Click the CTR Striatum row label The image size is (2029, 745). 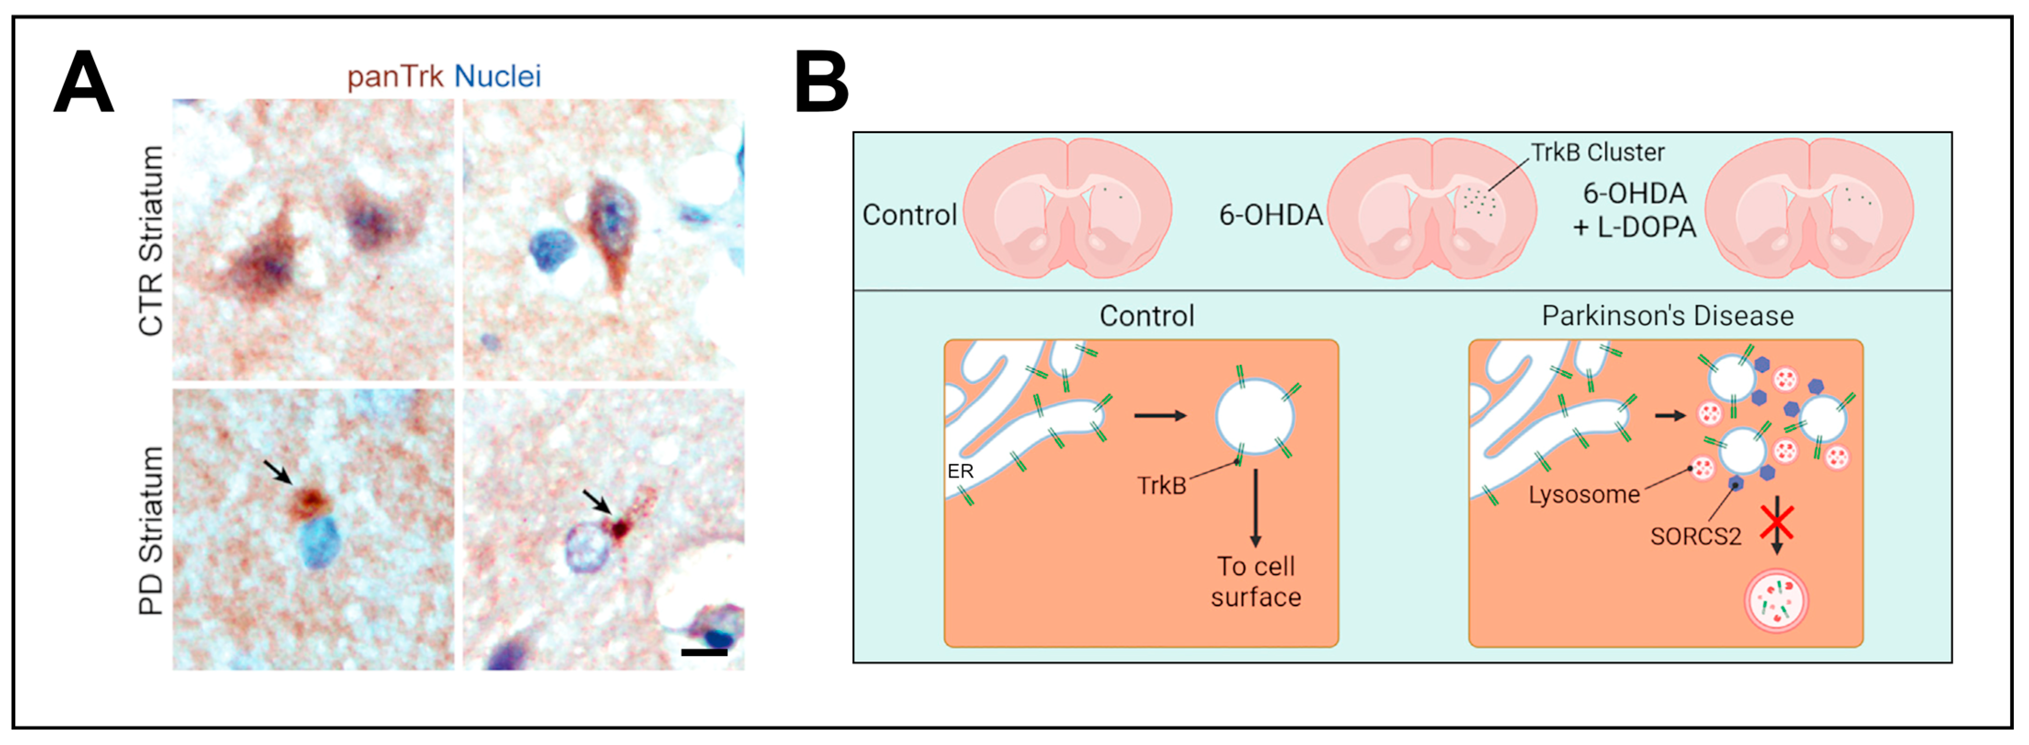151,240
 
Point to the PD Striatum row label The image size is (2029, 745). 151,530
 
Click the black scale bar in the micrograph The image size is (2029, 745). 704,652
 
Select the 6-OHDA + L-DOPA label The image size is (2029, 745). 1634,210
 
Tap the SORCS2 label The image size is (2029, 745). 1695,536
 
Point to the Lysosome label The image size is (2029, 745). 1584,495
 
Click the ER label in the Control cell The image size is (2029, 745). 960,471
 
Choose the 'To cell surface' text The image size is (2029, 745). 1256,581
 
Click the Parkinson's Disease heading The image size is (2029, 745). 1667,316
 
